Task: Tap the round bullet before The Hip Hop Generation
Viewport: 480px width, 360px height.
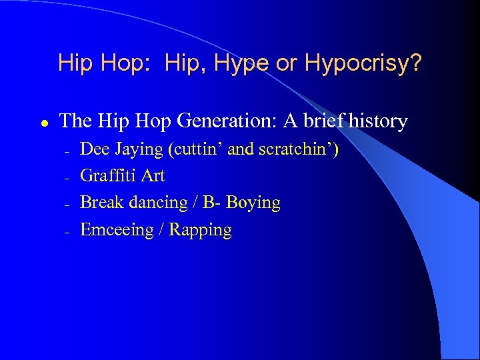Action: tap(43, 123)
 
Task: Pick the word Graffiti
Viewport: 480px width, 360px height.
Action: tap(109, 176)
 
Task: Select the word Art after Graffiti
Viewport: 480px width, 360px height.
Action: tap(153, 176)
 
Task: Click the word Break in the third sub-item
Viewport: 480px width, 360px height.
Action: tap(100, 203)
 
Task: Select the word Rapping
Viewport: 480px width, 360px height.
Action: tap(201, 230)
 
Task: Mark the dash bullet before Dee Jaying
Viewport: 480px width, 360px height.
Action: tap(67, 151)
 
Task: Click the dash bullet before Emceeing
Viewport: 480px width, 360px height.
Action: tap(67, 232)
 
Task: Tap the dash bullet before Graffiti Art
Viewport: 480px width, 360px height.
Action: tap(67, 178)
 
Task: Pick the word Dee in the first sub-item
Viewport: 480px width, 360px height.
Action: tap(93, 149)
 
